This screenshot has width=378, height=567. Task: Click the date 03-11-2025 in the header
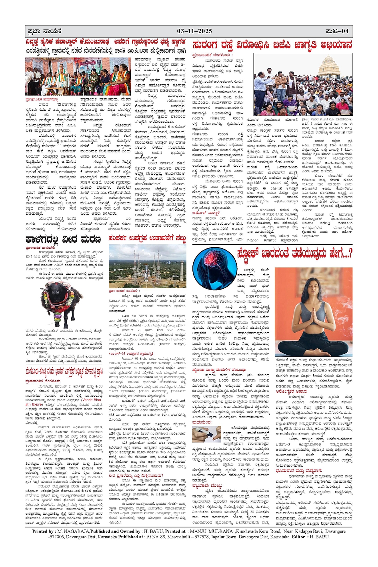click(x=195, y=31)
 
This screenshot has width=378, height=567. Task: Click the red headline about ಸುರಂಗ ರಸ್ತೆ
click(x=272, y=45)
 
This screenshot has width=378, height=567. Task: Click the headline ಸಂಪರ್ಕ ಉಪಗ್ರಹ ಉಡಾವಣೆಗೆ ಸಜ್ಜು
click(x=147, y=239)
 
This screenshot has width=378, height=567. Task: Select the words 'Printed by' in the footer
click(x=44, y=531)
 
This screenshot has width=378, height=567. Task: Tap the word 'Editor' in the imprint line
click(x=298, y=537)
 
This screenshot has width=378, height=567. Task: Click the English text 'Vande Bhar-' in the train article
click(x=92, y=399)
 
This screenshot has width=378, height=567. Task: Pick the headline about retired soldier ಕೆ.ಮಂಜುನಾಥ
click(x=105, y=42)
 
